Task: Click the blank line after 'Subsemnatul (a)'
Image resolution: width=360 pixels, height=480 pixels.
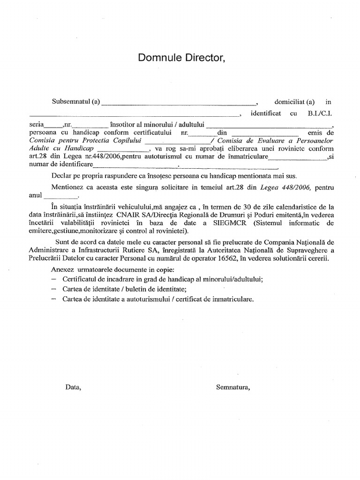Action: (x=179, y=103)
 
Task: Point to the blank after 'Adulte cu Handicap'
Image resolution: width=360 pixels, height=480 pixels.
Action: (x=121, y=150)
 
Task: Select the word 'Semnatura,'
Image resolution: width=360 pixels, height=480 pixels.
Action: (x=232, y=387)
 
